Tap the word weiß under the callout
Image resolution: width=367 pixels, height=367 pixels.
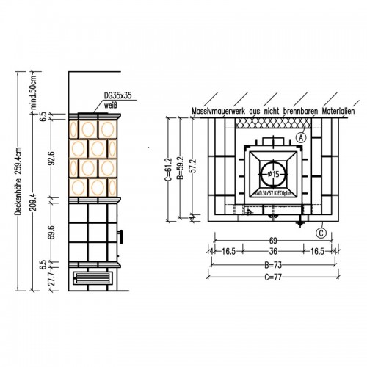click(x=110, y=105)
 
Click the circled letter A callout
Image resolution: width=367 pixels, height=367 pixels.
click(x=303, y=137)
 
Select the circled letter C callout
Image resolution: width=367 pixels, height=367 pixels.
click(x=321, y=233)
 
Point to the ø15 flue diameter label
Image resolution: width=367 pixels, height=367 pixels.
click(x=271, y=173)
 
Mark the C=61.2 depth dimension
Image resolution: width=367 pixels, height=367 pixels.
click(x=168, y=168)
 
